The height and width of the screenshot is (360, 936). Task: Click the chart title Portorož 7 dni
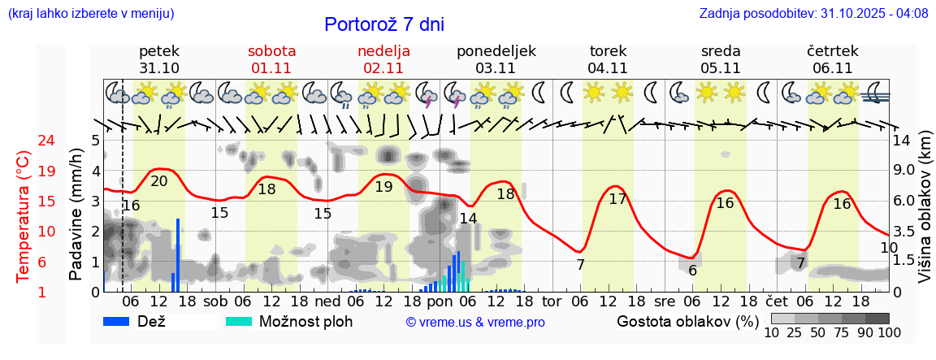[x=383, y=24]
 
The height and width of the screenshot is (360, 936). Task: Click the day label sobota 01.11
[x=272, y=59]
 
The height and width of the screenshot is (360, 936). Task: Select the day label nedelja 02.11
[x=383, y=59]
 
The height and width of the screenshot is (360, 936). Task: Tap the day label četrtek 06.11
[x=833, y=59]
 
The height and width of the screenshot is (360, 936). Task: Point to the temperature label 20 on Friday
[x=159, y=181]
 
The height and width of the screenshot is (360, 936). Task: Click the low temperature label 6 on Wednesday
[x=692, y=271]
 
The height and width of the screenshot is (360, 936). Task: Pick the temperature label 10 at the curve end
[x=889, y=247]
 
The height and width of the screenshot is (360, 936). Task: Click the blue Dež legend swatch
[x=122, y=321]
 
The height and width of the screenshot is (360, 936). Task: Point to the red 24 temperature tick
[x=24, y=141]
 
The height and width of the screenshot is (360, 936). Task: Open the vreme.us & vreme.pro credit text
[x=475, y=322]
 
